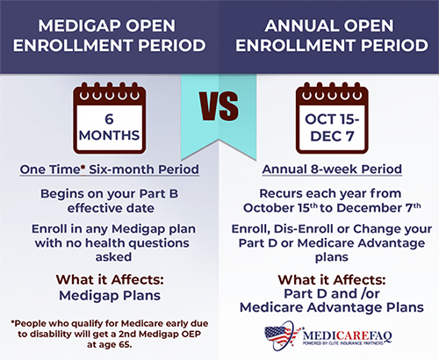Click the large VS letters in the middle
[219, 106]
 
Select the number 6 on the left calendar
[109, 119]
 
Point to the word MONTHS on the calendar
[109, 135]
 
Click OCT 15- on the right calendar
[332, 119]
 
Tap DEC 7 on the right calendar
[332, 136]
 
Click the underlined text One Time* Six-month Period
[110, 169]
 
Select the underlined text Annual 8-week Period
[332, 169]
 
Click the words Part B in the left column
[159, 194]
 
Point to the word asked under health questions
[113, 257]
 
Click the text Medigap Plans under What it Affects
[110, 296]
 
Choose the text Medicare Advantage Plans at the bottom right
[332, 307]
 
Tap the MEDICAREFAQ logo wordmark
[347, 335]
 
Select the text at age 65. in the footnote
[110, 344]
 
